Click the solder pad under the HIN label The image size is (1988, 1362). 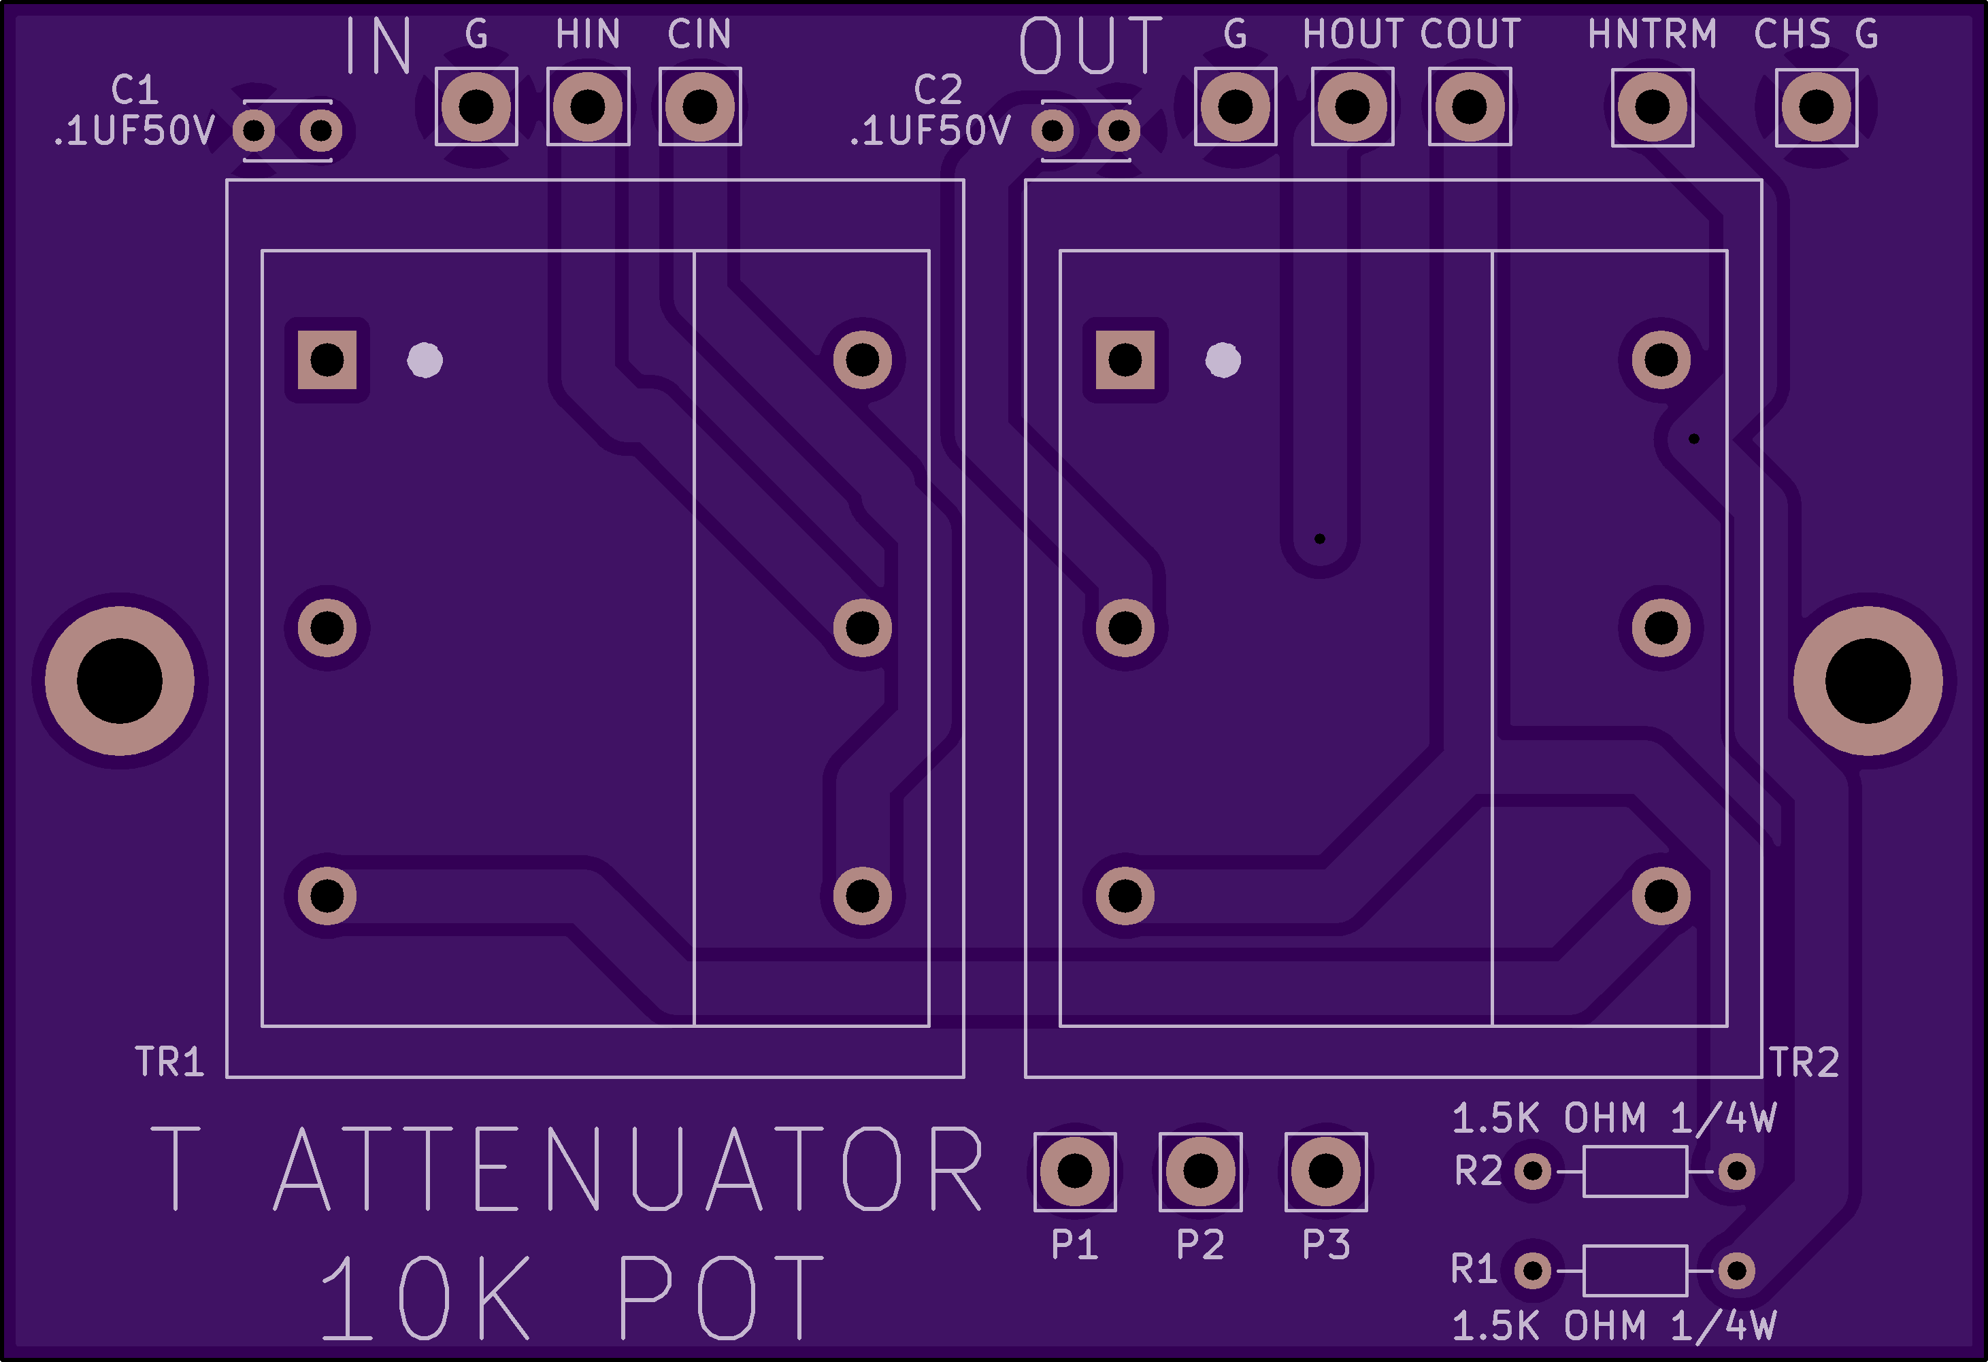click(x=588, y=107)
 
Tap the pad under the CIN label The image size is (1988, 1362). click(x=699, y=107)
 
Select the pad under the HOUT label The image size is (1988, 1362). click(x=1353, y=107)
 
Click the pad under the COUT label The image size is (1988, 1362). click(x=1470, y=107)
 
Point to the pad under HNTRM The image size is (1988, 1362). click(x=1653, y=107)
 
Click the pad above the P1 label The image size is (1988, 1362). click(x=1075, y=1172)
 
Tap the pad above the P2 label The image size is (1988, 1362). click(x=1200, y=1172)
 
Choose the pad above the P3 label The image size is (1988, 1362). click(x=1326, y=1172)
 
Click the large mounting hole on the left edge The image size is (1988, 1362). click(x=120, y=681)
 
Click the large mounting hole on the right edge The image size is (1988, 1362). click(x=1868, y=681)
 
